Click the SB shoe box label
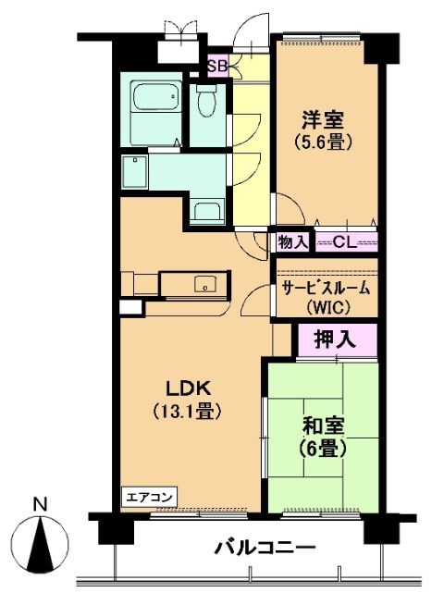click(217, 66)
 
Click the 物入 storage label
click(291, 242)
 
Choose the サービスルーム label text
click(325, 288)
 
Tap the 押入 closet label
click(336, 339)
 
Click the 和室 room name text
click(324, 426)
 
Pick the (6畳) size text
click(324, 450)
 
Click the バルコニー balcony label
click(266, 548)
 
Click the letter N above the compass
click(40, 505)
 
